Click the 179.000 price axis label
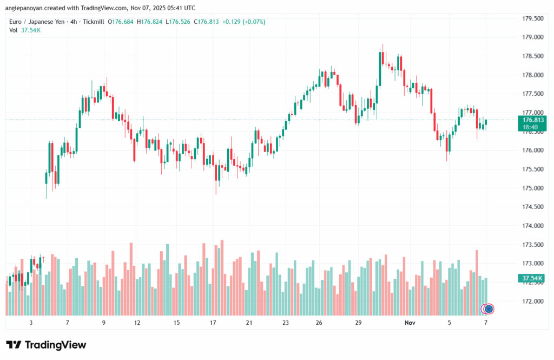coord(532,37)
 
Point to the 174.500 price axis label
coord(532,207)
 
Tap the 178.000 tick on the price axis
coord(532,75)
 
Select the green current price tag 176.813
coord(532,120)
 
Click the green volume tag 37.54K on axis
coord(532,278)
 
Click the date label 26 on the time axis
coord(319,323)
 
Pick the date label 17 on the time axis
coord(213,323)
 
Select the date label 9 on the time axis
coord(103,323)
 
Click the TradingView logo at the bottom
coord(46,345)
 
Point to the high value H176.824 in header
coord(153,22)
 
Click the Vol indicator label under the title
coord(14,30)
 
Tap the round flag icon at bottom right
coord(489,309)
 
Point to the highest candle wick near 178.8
coord(382,45)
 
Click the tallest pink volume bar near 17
coord(222,277)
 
